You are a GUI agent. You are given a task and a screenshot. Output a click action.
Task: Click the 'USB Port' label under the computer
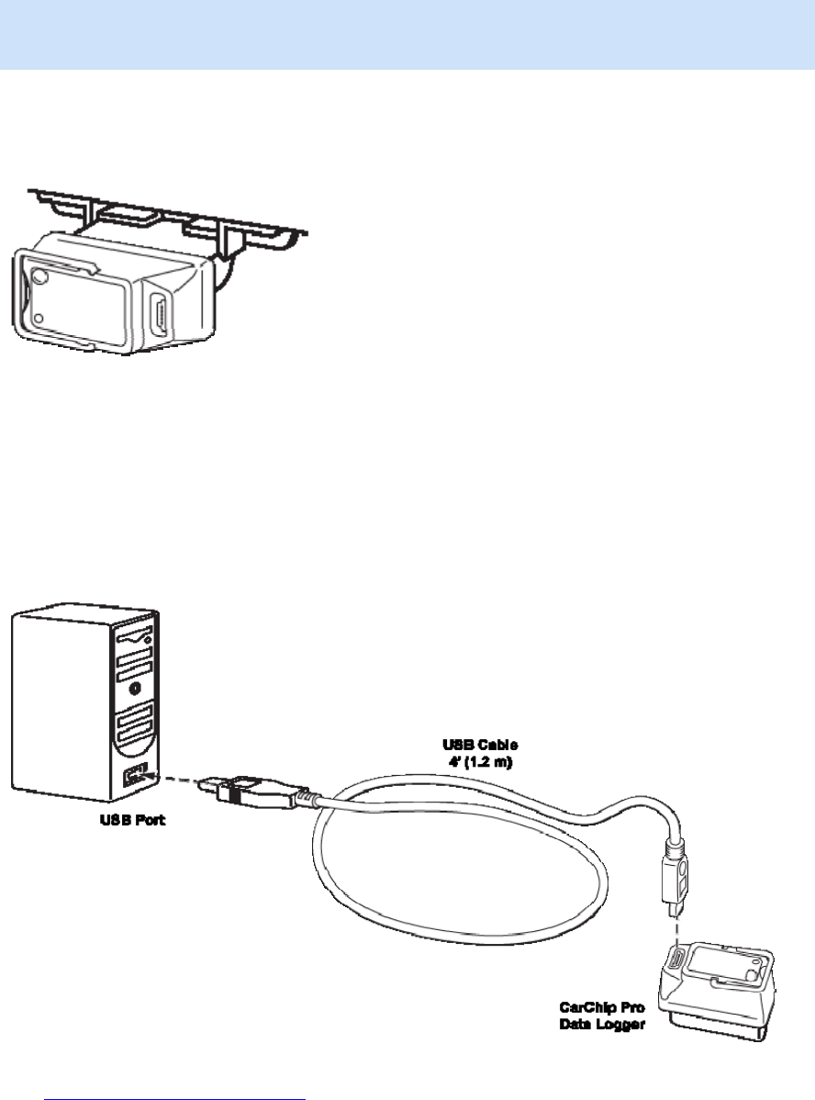[133, 820]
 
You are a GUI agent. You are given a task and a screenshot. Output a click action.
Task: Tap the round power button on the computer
[136, 686]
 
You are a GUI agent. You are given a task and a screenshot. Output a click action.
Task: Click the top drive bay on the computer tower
[135, 636]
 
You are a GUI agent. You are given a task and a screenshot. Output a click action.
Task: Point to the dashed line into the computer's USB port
[179, 780]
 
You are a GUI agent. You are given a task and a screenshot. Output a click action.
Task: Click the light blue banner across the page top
[407, 35]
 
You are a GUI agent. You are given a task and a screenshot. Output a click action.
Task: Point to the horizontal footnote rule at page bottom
[174, 1071]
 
